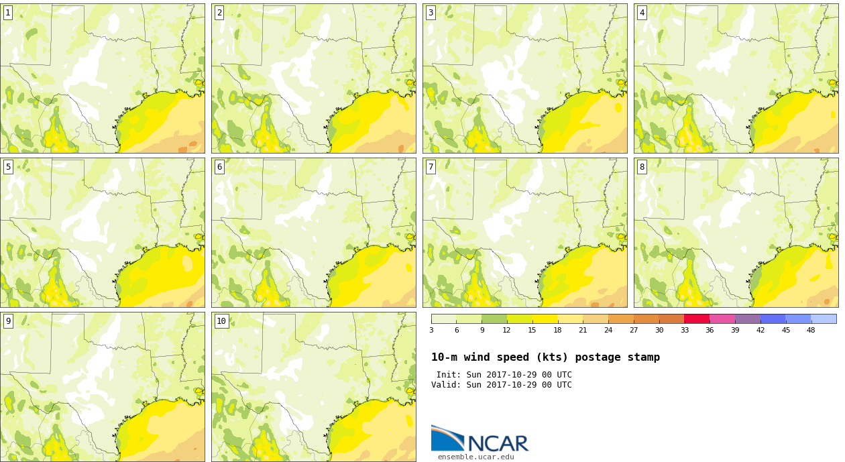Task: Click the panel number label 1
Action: (8, 13)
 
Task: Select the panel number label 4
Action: (642, 13)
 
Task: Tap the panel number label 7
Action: (431, 167)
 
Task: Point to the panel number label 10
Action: (221, 321)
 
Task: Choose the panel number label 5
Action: (8, 167)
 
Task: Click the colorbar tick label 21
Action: (583, 331)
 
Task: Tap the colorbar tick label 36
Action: (710, 331)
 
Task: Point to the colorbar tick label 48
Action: (811, 331)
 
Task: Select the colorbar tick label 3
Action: (431, 331)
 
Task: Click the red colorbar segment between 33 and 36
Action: (697, 319)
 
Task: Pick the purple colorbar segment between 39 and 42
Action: (748, 319)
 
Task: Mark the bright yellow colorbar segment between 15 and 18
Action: (545, 319)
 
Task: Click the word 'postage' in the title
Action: (598, 357)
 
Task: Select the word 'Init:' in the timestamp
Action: (449, 375)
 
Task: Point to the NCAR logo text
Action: (498, 443)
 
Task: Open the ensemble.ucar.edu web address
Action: (475, 457)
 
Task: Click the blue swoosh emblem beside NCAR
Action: (448, 438)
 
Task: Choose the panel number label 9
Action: (8, 321)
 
